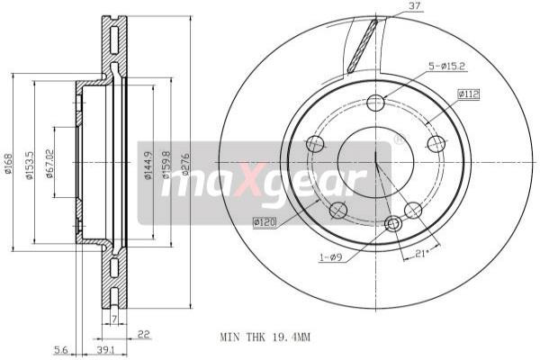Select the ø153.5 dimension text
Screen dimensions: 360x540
[31, 164]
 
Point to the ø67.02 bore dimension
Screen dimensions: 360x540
[51, 164]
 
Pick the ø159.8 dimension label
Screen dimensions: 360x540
[166, 164]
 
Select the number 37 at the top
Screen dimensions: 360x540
[413, 7]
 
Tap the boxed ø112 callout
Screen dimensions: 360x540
[469, 93]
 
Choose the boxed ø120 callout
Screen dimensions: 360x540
[265, 220]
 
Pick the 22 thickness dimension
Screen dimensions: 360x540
[143, 334]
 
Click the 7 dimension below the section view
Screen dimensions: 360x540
[115, 319]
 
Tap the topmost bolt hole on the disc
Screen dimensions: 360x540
[376, 103]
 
